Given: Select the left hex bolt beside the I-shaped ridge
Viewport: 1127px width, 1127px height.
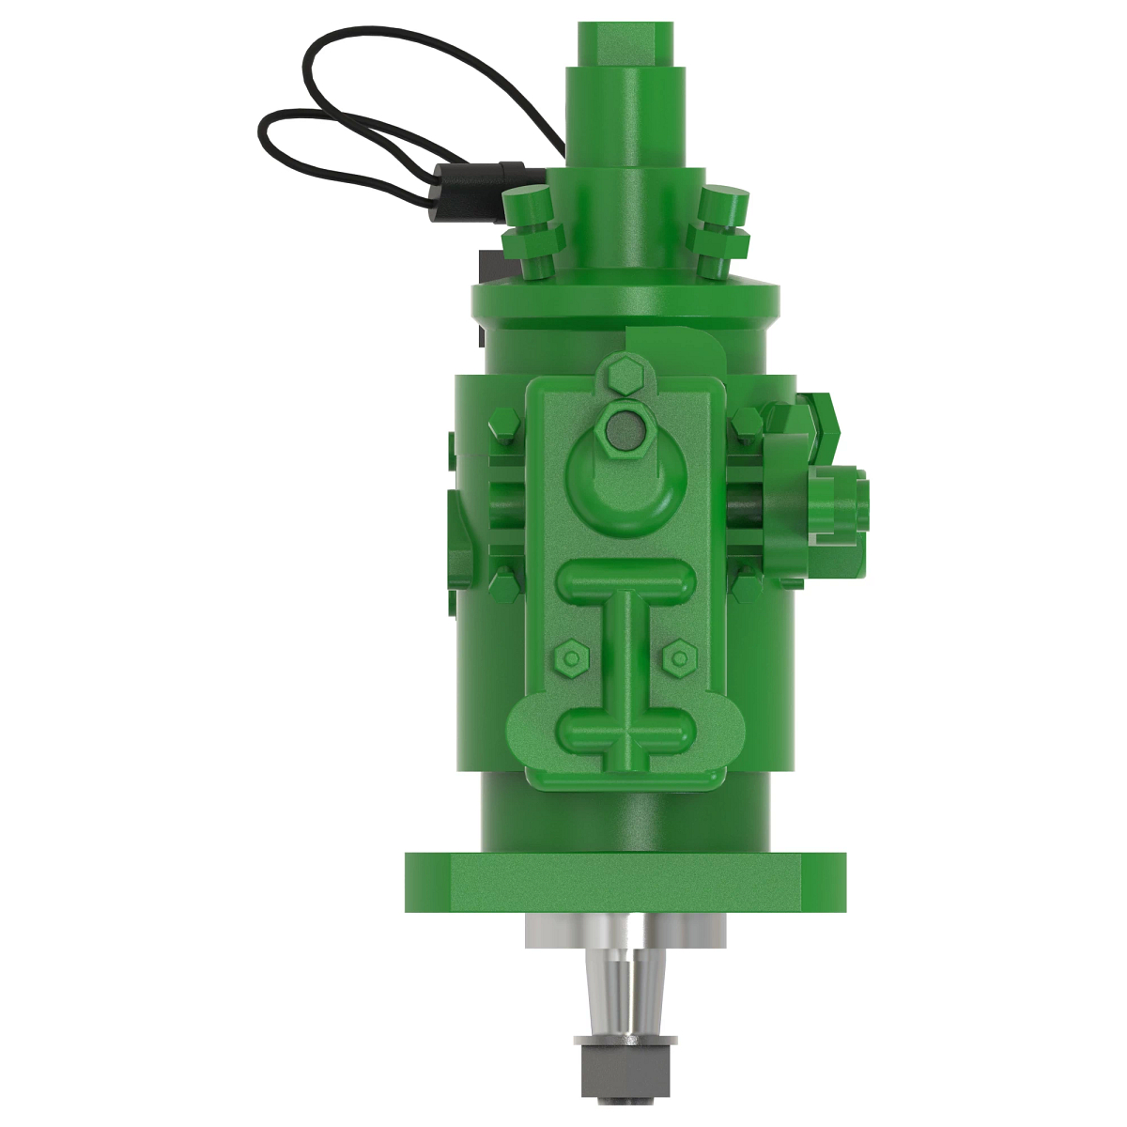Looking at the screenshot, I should click(570, 656).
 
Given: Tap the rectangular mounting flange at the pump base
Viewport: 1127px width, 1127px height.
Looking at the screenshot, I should click(625, 884).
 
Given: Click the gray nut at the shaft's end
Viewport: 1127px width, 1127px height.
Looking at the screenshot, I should click(626, 1065).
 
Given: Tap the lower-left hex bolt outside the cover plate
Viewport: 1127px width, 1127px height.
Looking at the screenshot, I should click(502, 582).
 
